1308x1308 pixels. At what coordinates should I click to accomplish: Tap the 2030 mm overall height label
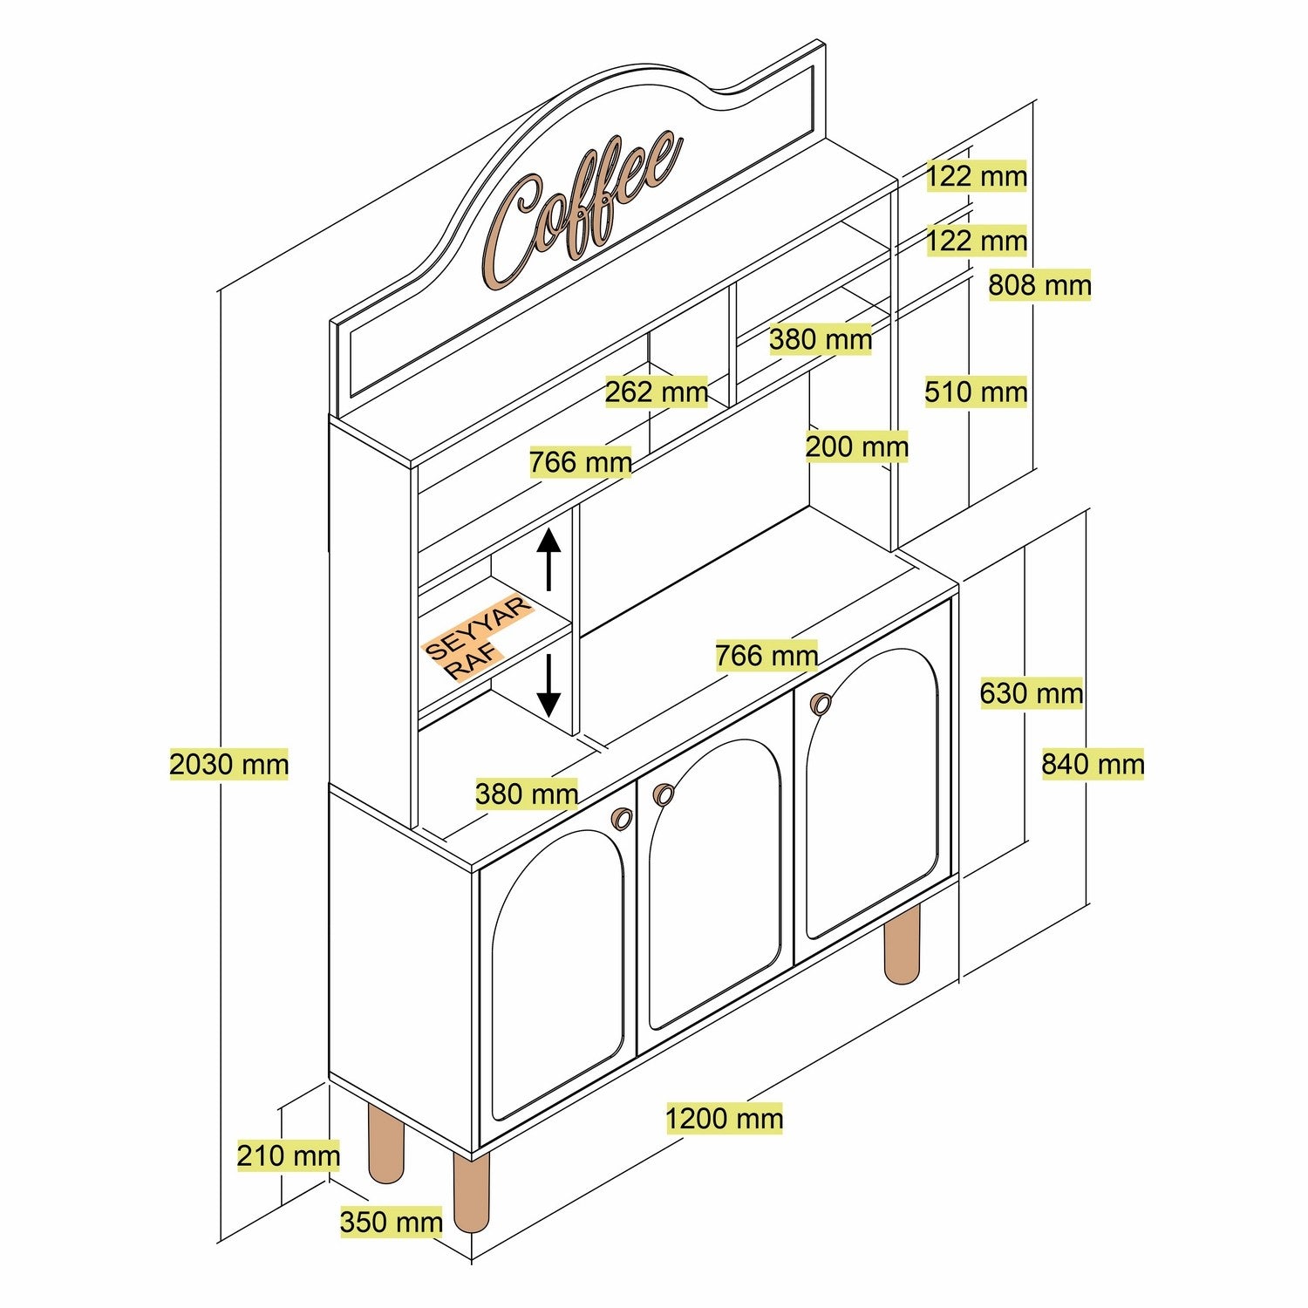tap(228, 765)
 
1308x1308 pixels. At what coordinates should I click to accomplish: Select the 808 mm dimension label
tap(1039, 285)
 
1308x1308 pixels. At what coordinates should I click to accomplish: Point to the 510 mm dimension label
tap(976, 392)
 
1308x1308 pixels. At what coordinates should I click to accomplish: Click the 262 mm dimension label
tap(657, 392)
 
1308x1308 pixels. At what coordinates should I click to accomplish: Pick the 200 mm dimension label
tap(856, 447)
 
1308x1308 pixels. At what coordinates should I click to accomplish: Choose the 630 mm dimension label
tap(1031, 694)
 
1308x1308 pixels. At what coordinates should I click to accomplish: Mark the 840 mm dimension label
tap(1093, 765)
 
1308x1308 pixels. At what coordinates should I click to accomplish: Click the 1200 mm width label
tap(724, 1119)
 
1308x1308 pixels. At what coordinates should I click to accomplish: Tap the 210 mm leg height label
tap(289, 1156)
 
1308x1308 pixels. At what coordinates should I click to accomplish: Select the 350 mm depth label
tap(392, 1223)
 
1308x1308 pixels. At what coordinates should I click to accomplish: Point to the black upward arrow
tap(548, 558)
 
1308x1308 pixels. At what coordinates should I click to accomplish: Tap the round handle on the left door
tap(622, 818)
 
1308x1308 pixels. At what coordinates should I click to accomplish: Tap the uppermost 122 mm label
tap(976, 177)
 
